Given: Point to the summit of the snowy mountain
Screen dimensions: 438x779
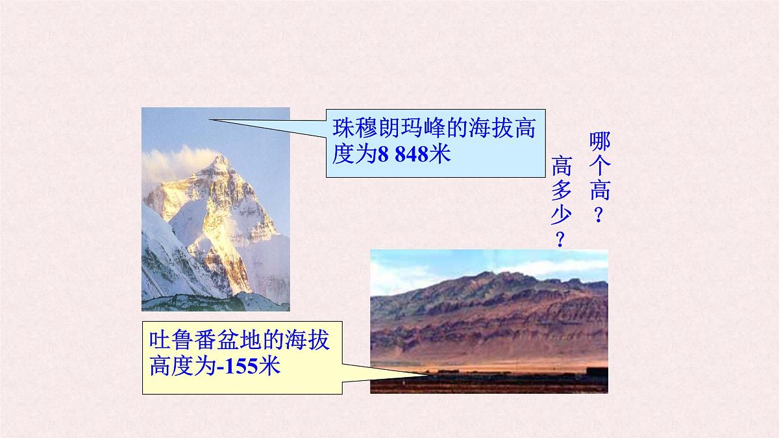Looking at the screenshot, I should tap(221, 156).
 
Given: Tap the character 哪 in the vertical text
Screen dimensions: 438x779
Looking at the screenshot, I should tap(600, 141).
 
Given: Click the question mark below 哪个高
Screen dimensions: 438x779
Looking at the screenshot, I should tap(599, 214).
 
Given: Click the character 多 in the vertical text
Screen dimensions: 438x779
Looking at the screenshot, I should tap(562, 191).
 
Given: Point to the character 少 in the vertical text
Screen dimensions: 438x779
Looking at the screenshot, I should tap(562, 215).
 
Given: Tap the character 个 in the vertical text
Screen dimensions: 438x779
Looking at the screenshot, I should tap(600, 166).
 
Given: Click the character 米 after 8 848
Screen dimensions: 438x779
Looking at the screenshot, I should tap(440, 156).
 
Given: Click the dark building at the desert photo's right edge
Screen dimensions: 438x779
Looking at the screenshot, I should tap(597, 371).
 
